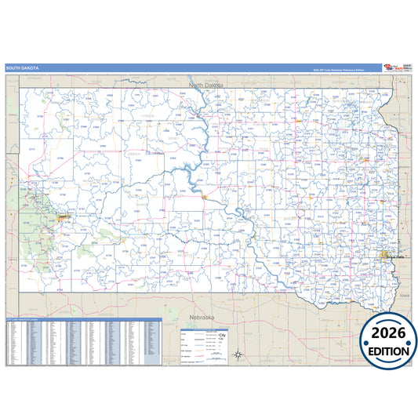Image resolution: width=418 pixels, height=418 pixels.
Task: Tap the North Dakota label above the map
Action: coord(205,83)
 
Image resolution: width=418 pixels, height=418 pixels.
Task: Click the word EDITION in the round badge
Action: coord(389,352)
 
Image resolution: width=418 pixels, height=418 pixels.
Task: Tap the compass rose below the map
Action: coord(238,354)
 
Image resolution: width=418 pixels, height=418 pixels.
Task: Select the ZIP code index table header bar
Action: coord(83,319)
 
